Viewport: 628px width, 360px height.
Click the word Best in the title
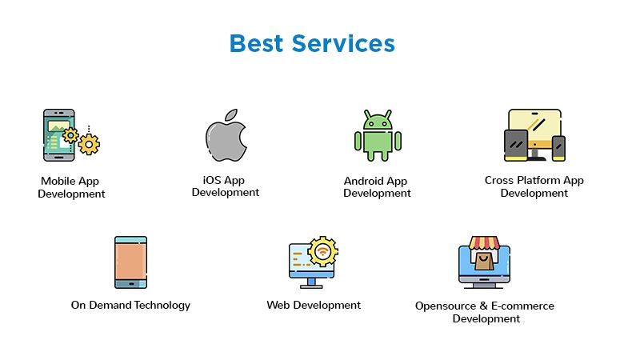point(256,43)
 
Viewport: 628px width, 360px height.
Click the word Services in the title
point(343,43)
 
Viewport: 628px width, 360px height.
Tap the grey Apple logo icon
point(226,135)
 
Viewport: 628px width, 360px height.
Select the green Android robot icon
point(378,135)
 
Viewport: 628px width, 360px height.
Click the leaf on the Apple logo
point(231,115)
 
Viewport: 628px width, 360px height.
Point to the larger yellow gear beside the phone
point(89,144)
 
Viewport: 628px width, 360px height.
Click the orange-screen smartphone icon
point(131,262)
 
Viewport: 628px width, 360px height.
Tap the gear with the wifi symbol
point(323,251)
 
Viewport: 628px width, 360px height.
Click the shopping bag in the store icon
point(484,262)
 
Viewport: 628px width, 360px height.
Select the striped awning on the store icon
point(484,242)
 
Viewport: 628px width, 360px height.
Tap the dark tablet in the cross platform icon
point(516,146)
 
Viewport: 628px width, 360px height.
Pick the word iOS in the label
point(212,180)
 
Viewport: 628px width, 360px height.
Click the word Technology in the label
point(162,305)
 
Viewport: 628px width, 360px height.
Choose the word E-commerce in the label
point(522,306)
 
